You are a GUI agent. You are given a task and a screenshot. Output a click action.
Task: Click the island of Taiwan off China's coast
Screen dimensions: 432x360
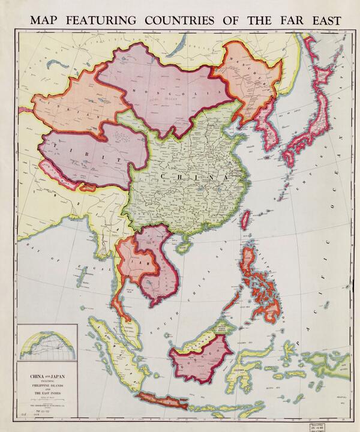(245, 220)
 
